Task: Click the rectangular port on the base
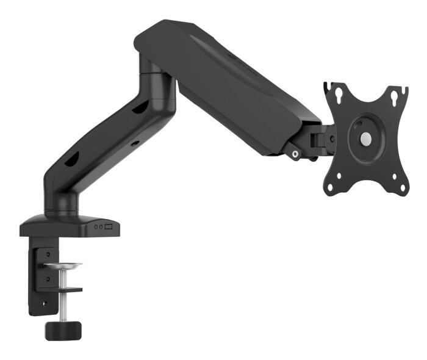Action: pos(110,226)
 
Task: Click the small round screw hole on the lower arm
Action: pos(135,143)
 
